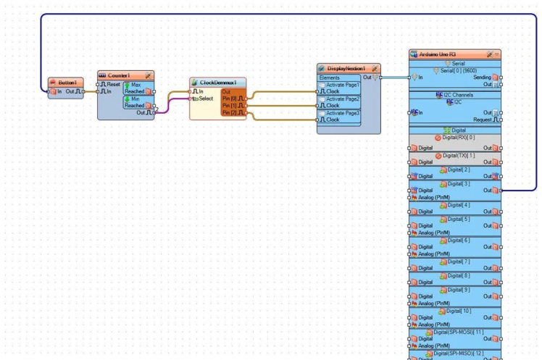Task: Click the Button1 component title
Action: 67,83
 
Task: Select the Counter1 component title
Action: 119,75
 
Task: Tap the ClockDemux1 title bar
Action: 222,83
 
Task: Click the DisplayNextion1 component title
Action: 346,68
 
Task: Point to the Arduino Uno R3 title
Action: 437,54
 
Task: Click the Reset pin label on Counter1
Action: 113,85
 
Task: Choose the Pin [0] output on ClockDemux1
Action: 233,99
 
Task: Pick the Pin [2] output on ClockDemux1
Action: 233,113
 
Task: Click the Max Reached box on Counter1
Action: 136,88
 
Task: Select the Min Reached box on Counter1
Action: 136,102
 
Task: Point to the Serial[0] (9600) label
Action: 458,71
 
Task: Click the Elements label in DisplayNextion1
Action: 329,78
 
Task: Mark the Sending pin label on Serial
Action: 482,78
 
